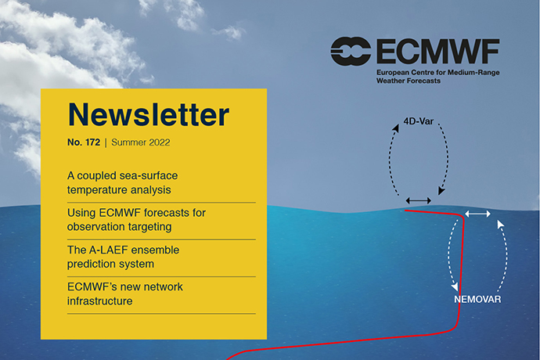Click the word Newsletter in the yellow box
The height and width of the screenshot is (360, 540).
pos(148,116)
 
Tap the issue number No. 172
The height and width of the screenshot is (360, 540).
pos(82,143)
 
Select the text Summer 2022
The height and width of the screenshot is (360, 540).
pos(141,143)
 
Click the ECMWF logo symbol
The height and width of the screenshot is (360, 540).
pos(351,52)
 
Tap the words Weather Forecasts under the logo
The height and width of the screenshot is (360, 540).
pos(408,81)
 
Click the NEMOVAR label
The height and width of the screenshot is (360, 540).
pos(477,299)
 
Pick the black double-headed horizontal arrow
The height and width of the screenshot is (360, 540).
pos(418,201)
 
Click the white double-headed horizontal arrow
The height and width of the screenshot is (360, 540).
pos(477,214)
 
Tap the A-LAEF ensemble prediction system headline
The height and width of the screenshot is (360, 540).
pos(123,257)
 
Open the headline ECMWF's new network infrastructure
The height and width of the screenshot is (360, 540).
pos(125,293)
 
